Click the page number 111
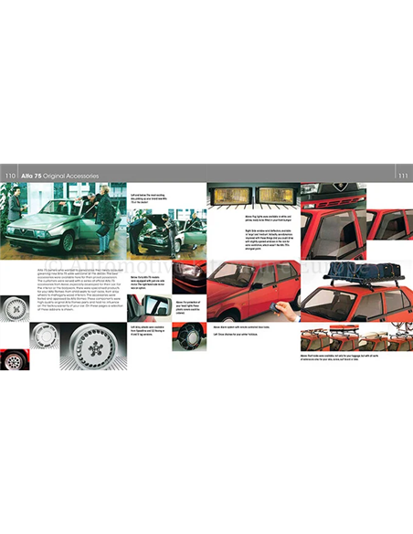coord(401,175)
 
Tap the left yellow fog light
coord(225,195)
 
